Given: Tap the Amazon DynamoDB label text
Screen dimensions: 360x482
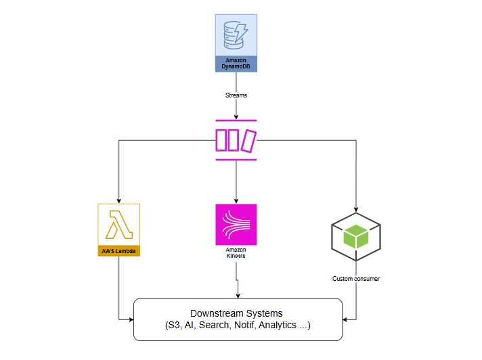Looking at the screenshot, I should (x=236, y=64).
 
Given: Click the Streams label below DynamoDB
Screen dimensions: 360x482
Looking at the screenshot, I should (x=236, y=95).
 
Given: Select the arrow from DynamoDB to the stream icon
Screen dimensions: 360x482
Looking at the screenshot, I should (x=236, y=108).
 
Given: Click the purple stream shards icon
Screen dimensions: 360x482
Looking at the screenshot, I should (x=236, y=140).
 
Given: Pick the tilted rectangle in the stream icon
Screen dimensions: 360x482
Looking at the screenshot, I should (x=250, y=140).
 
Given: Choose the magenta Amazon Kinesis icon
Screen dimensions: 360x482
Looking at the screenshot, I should (x=236, y=224).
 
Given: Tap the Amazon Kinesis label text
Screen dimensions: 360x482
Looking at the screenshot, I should (x=236, y=254).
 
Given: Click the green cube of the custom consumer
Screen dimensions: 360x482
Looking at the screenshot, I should (x=355, y=236).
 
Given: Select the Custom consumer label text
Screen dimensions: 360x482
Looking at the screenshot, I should (x=356, y=278).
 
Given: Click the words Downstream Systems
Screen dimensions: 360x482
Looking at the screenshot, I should (x=236, y=313).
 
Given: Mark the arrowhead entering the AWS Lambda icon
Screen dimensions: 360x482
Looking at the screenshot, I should (x=118, y=200).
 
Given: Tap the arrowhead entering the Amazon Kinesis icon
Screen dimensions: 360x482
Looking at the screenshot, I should (x=236, y=200).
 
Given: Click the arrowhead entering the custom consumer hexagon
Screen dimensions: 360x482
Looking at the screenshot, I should (x=356, y=209).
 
